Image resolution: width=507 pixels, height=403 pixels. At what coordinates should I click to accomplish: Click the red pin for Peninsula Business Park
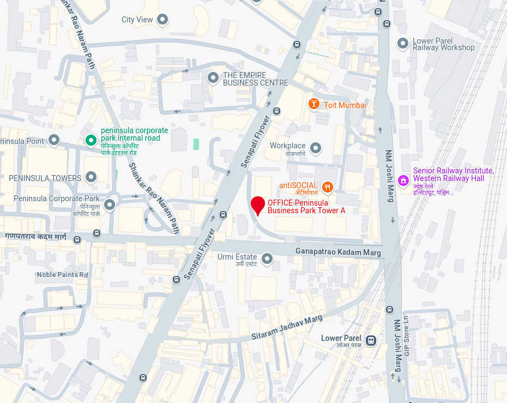(258, 206)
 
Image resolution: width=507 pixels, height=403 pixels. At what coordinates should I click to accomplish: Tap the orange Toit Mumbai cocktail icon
(313, 104)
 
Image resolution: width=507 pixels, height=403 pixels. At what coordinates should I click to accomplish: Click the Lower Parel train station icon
(371, 341)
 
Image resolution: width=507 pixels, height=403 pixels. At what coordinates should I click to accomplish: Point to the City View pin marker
(162, 20)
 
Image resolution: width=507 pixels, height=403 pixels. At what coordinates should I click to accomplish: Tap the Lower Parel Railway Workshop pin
(403, 43)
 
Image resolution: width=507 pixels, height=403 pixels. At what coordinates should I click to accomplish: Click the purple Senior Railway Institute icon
(403, 180)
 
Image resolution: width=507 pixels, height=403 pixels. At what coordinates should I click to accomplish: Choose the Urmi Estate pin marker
(267, 258)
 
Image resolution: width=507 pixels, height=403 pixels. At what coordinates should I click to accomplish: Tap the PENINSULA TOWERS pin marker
(91, 177)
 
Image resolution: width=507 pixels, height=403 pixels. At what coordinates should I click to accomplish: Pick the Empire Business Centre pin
(213, 78)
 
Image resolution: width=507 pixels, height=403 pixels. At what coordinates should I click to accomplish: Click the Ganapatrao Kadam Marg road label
(338, 251)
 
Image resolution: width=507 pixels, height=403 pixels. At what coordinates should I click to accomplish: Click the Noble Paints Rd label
(62, 274)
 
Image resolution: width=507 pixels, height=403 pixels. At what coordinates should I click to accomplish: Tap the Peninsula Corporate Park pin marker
(110, 205)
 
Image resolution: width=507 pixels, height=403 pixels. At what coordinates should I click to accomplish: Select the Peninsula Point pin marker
(54, 141)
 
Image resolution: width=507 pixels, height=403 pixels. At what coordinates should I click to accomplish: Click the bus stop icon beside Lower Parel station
(389, 309)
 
